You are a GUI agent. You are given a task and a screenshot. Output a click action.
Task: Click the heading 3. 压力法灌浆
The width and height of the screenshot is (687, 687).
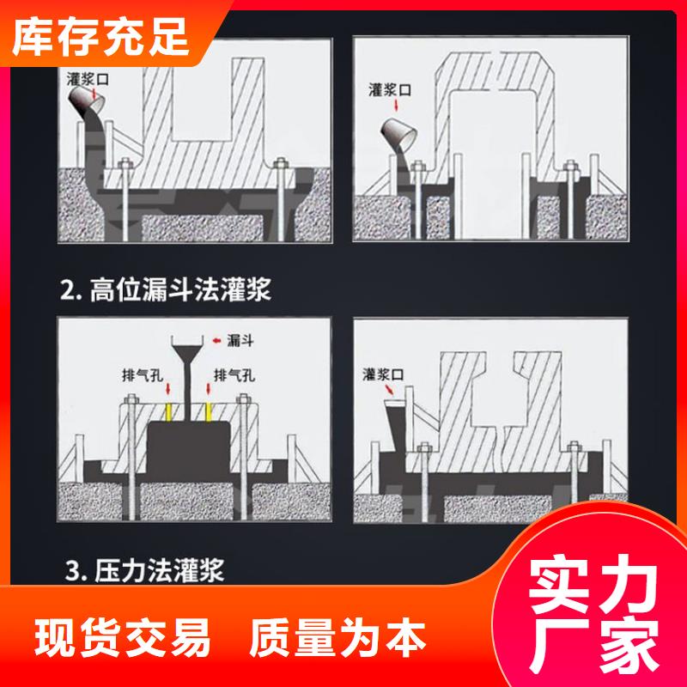click(146, 569)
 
